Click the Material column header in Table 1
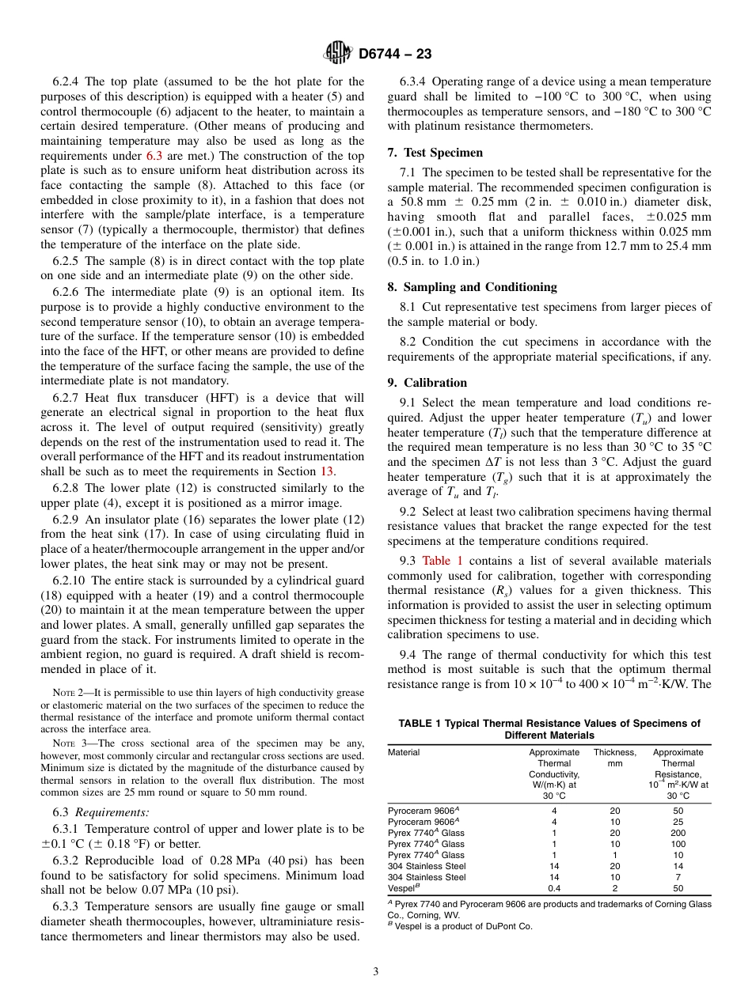(x=404, y=753)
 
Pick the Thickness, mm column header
(x=614, y=758)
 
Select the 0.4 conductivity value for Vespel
(x=554, y=888)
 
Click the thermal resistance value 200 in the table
(x=678, y=833)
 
